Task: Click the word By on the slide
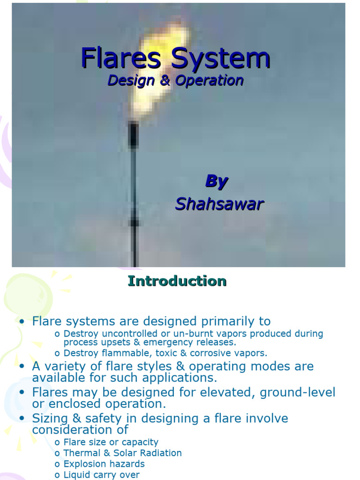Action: point(216,182)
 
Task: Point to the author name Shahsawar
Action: point(219,204)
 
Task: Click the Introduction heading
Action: point(177,281)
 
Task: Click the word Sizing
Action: point(48,418)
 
